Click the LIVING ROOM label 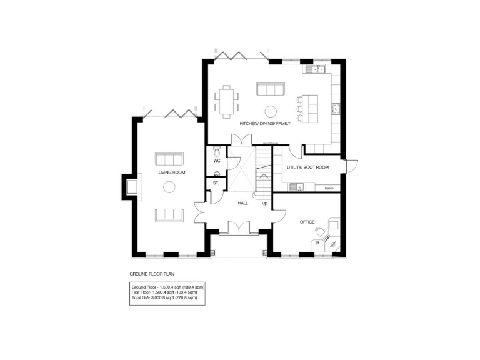point(171,172)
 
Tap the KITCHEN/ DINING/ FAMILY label point(265,124)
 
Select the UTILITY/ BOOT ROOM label point(307,167)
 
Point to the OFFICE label point(307,222)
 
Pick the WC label point(217,161)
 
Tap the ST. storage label point(215,183)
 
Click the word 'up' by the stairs point(265,204)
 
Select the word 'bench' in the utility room point(327,187)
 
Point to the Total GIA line point(164,298)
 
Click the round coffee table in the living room point(169,186)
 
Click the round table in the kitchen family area point(271,111)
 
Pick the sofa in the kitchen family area point(271,88)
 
